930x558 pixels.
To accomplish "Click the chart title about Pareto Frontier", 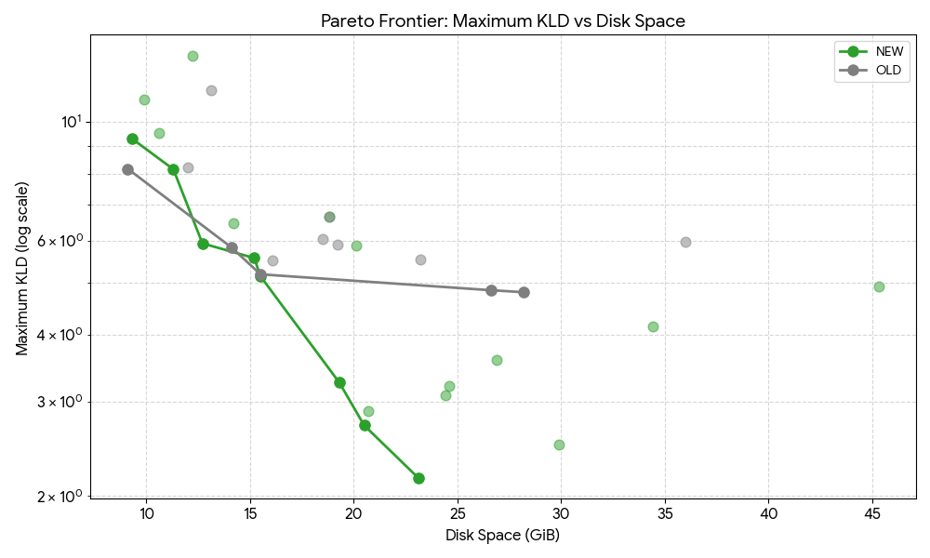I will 502,20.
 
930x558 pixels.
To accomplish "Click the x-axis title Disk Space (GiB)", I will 502,536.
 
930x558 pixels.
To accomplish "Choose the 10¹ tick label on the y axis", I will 72,122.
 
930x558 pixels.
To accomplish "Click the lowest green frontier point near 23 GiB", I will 418,478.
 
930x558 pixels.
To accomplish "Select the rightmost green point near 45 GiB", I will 879,286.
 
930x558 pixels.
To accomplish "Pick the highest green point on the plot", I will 193,56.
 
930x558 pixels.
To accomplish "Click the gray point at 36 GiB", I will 685,242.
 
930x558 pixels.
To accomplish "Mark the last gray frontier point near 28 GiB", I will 524,292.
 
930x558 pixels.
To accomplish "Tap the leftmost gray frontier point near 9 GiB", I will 127,169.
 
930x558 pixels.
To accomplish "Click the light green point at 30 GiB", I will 559,445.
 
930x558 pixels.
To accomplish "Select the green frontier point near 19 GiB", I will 339,382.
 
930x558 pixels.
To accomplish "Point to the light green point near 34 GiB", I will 653,326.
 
